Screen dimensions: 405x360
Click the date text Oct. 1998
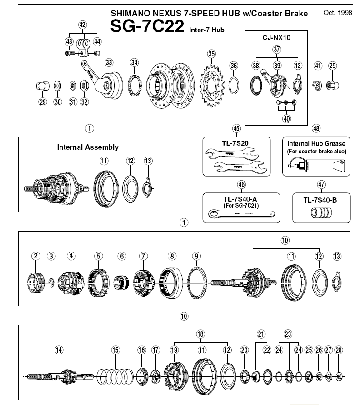(337, 13)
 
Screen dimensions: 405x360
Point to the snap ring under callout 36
(234, 84)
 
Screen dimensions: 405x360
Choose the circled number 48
(316, 128)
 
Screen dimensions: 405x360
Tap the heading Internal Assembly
(88, 147)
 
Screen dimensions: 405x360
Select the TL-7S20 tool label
(236, 142)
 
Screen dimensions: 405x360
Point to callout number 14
(59, 350)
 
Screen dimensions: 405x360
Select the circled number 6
(121, 256)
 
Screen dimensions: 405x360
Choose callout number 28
(338, 350)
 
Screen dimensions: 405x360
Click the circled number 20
(245, 350)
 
